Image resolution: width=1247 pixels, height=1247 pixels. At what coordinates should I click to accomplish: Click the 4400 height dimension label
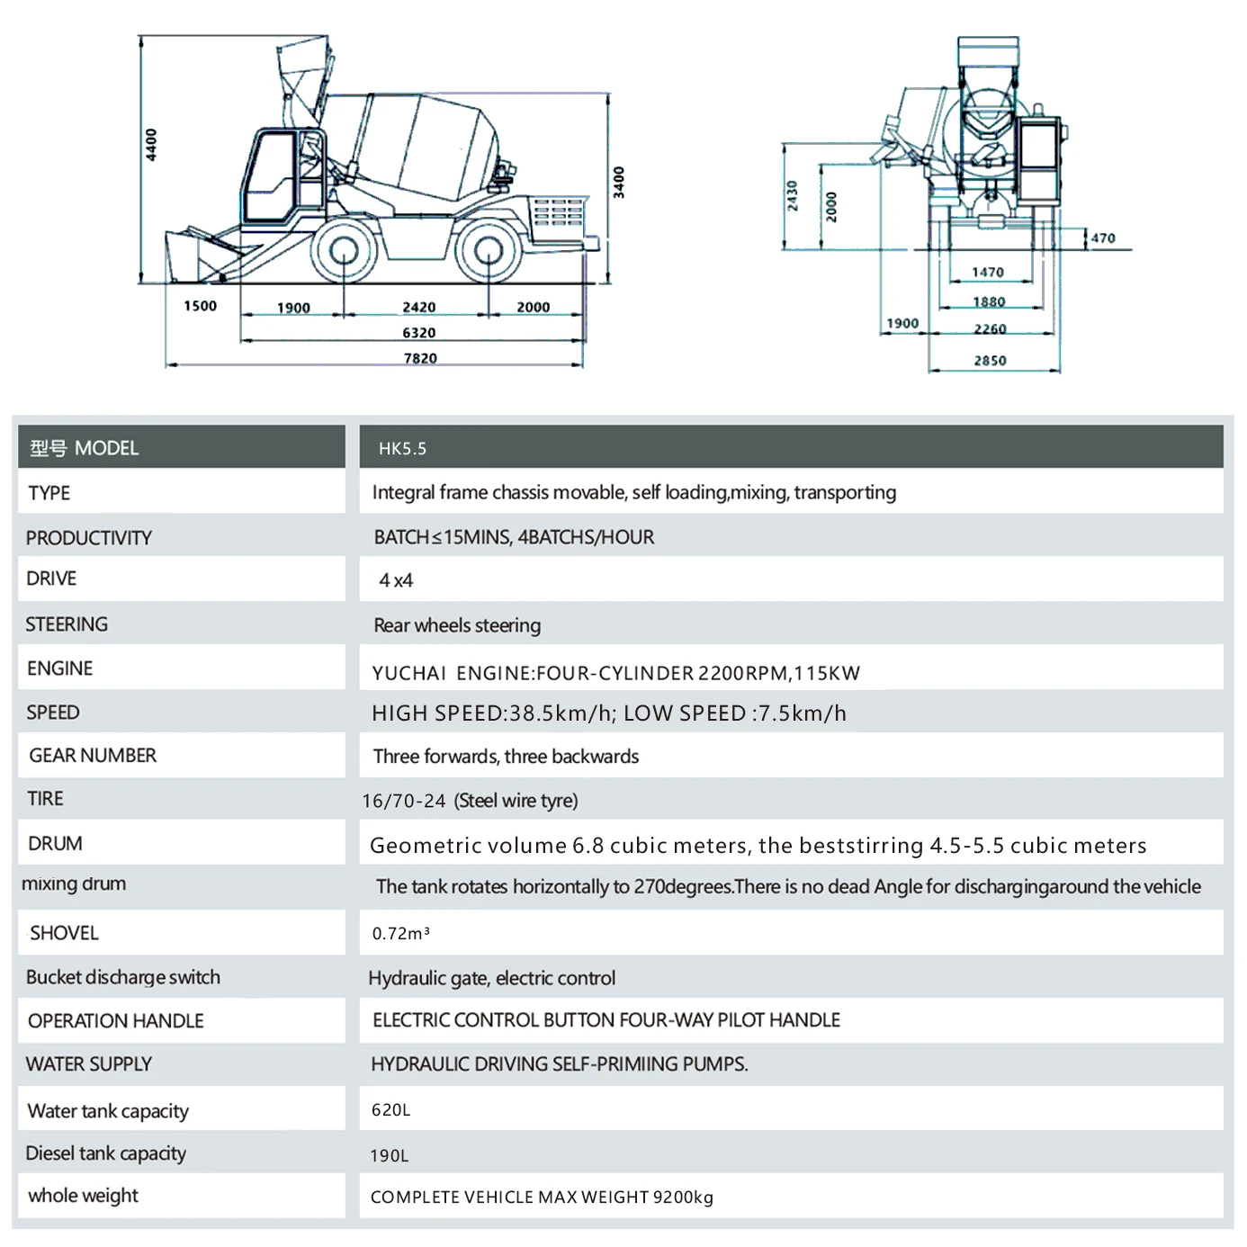coord(151,144)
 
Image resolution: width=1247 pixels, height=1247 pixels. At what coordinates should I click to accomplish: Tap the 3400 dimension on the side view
coord(619,182)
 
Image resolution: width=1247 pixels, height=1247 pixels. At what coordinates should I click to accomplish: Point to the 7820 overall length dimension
coord(420,358)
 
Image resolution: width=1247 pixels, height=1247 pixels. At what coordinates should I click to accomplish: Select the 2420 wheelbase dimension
coord(419,307)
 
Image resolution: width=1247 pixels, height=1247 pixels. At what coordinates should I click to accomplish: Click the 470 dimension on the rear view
coord(1103,238)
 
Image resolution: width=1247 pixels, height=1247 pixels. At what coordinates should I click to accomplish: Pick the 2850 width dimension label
coord(990,361)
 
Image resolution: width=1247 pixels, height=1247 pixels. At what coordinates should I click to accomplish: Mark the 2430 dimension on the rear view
coord(792,195)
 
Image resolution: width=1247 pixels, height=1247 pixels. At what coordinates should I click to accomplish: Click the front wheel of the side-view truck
coord(344,251)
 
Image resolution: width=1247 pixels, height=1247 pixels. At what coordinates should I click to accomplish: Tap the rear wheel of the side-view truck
coord(488,251)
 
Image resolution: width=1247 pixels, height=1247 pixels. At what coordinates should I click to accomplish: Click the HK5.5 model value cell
coord(402,448)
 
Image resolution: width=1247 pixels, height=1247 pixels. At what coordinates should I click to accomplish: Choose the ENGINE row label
coord(60,668)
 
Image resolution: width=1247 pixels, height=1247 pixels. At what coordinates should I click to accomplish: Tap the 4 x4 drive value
coord(396,580)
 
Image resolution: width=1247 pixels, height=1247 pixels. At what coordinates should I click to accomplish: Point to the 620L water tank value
coord(390,1110)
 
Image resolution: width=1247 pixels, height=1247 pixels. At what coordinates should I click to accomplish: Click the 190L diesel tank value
coord(389,1156)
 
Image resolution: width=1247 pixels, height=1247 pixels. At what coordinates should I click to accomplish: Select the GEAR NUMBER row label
coord(93,756)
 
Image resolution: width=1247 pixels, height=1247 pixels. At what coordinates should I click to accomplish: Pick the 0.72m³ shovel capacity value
coord(400,934)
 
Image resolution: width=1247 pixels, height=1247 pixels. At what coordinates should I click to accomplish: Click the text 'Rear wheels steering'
coord(457,625)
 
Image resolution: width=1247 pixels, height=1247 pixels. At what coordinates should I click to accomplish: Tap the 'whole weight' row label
coord(83,1196)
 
